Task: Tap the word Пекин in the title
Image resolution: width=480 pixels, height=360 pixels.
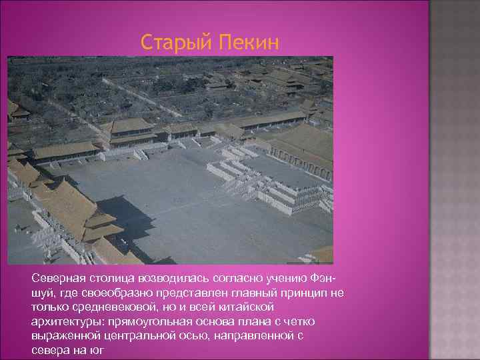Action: (246, 43)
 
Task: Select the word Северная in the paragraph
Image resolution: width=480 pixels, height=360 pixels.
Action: (57, 277)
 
